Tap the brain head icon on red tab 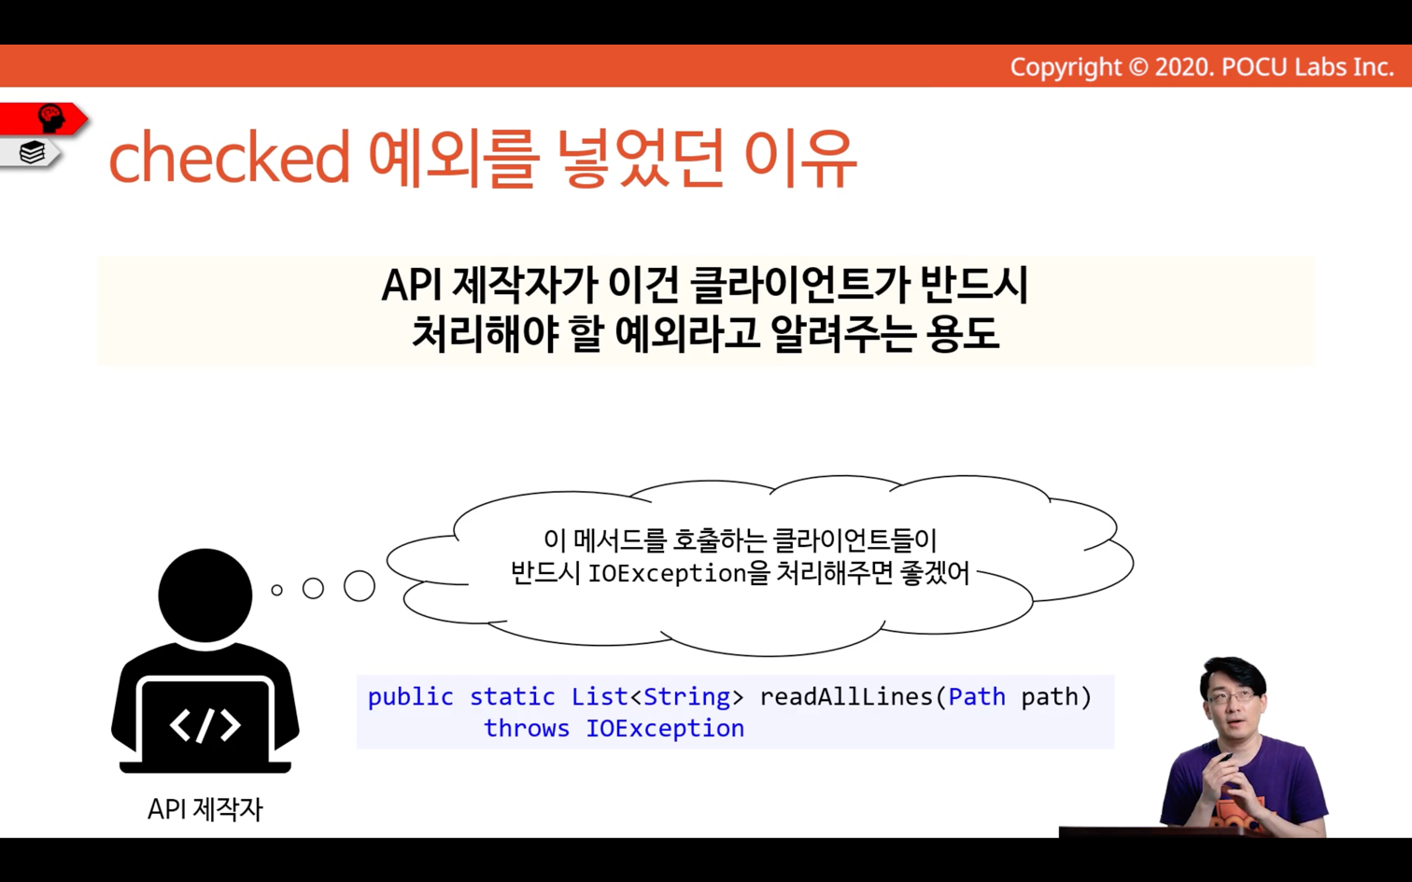[x=51, y=119]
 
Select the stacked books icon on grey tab [x=32, y=152]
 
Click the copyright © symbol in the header [x=1137, y=67]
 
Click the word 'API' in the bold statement [x=411, y=285]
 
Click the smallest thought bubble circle [x=276, y=590]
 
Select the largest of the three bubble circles [x=360, y=586]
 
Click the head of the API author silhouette [x=205, y=595]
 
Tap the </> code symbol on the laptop [x=205, y=725]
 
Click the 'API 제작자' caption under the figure [x=205, y=809]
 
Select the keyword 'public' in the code [x=410, y=697]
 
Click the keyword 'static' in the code [x=512, y=697]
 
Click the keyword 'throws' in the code [x=527, y=728]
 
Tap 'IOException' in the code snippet [x=665, y=729]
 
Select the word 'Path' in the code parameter [x=977, y=697]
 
